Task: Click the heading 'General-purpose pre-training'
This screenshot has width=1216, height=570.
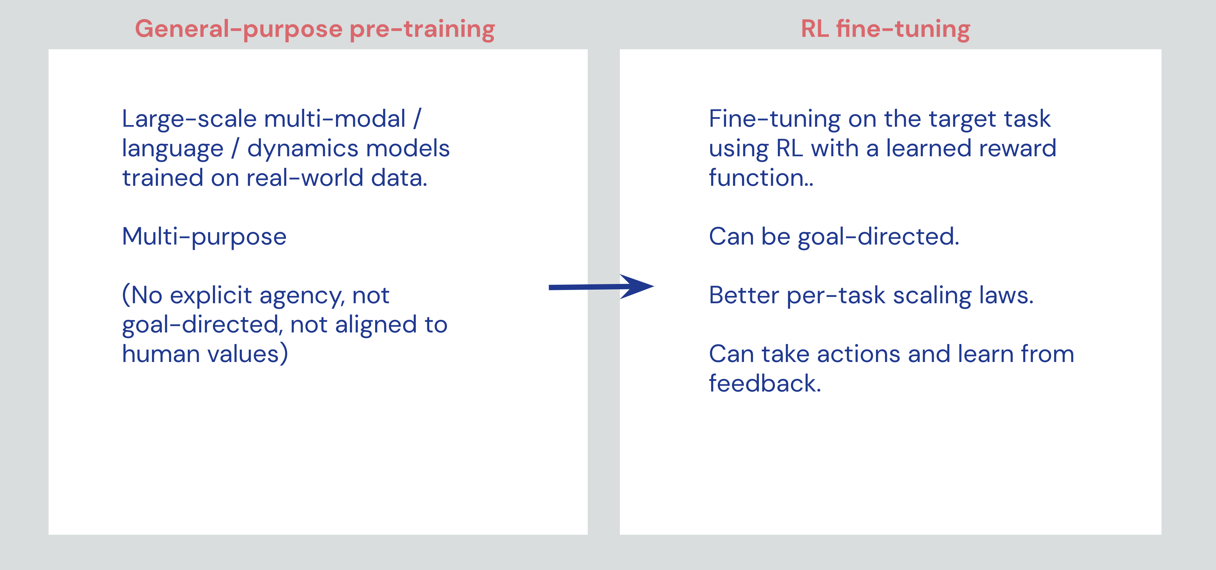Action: pyautogui.click(x=315, y=29)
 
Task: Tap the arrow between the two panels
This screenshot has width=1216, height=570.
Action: pyautogui.click(x=601, y=287)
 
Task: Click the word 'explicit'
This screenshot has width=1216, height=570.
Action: pyautogui.click(x=211, y=296)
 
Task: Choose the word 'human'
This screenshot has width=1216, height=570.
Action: pyautogui.click(x=161, y=354)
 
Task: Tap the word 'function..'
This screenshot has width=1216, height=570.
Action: pyautogui.click(x=761, y=178)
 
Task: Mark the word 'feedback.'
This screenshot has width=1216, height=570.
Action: pyautogui.click(x=765, y=384)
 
